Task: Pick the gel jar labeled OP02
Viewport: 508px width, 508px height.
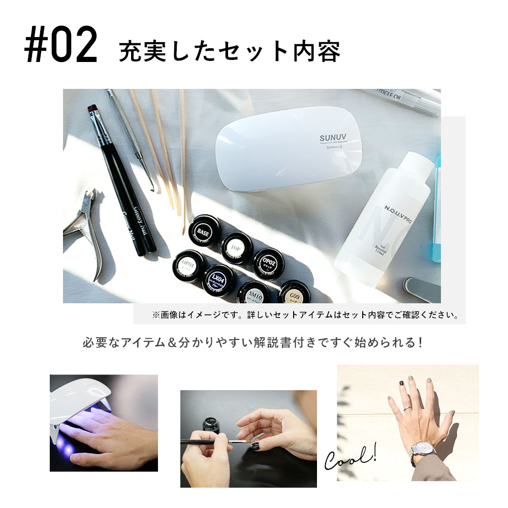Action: pos(268,263)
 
